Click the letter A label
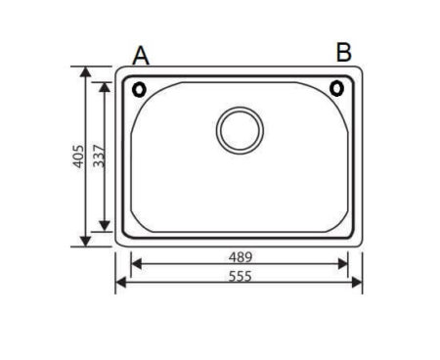coord(141,56)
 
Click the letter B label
coord(344,52)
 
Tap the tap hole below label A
coord(139,89)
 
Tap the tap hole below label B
coord(336,88)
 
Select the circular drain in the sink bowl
coord(240,130)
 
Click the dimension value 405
coord(78,157)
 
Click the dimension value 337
coord(99,157)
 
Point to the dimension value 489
coord(241,257)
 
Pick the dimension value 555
coord(241,276)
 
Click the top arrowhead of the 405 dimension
coord(85,71)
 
